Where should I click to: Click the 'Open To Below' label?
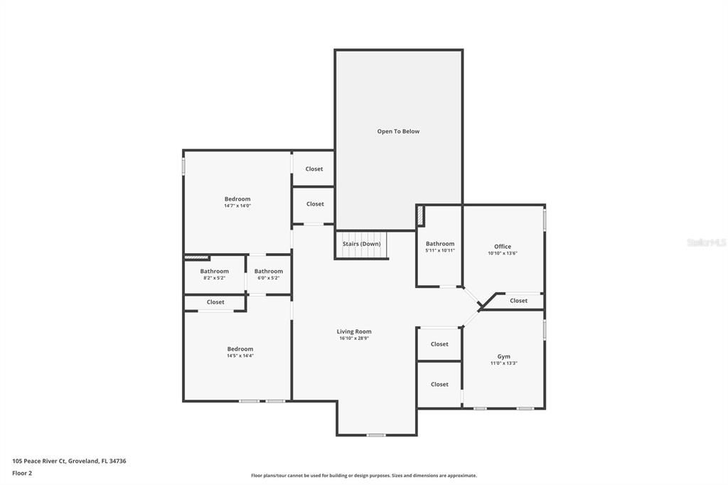398,132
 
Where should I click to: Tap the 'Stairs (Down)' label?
361,244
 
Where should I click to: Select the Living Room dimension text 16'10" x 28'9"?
354,339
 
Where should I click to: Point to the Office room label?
503,247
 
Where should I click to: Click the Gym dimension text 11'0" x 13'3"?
503,363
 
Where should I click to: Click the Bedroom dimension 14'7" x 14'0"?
237,206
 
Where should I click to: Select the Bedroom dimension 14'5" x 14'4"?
240,356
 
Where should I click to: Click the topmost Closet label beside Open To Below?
314,169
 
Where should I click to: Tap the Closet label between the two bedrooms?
215,302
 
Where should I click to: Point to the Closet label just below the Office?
519,301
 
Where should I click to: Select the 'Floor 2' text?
22,472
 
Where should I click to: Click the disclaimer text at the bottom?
363,476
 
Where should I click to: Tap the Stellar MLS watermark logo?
706,242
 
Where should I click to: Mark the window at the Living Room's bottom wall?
376,435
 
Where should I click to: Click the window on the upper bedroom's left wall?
183,166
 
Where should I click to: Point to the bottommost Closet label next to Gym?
439,384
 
